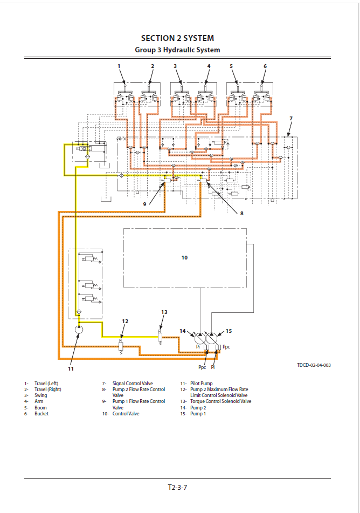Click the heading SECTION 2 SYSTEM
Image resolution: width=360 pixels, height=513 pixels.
point(177,38)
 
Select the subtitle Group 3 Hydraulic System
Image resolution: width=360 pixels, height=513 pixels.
point(177,50)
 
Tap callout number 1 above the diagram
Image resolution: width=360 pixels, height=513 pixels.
point(119,66)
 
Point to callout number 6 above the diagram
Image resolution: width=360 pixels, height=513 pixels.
point(265,66)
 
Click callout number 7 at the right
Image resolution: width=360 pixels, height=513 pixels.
point(291,118)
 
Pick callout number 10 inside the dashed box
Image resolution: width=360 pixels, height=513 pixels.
point(184,258)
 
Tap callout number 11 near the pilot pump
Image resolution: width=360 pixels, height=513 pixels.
point(71,369)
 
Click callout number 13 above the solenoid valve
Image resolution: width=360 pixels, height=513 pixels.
point(164,312)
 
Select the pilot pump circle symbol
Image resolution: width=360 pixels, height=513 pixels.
point(79,329)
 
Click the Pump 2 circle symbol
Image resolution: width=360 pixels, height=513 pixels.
point(199,338)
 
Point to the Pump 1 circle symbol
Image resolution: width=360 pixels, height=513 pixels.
point(212,338)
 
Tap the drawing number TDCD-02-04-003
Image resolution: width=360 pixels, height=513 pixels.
point(314,365)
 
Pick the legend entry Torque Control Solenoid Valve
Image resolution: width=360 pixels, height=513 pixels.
point(220,401)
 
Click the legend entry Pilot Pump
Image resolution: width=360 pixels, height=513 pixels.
point(202,384)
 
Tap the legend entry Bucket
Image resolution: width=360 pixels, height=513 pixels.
point(41,414)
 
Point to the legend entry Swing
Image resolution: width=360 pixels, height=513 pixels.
point(40,395)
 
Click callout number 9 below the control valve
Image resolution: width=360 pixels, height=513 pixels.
point(144,204)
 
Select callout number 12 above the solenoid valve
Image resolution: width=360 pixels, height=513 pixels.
point(125,322)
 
